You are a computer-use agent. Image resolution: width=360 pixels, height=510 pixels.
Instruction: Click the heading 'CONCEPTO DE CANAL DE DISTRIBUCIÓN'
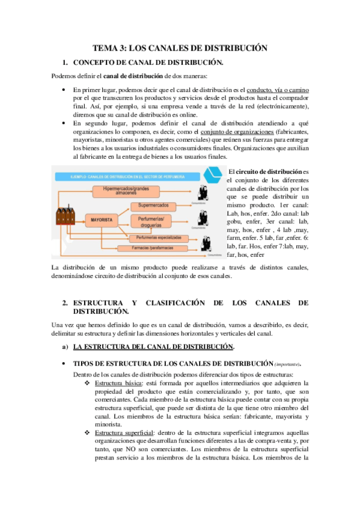[148, 62]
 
